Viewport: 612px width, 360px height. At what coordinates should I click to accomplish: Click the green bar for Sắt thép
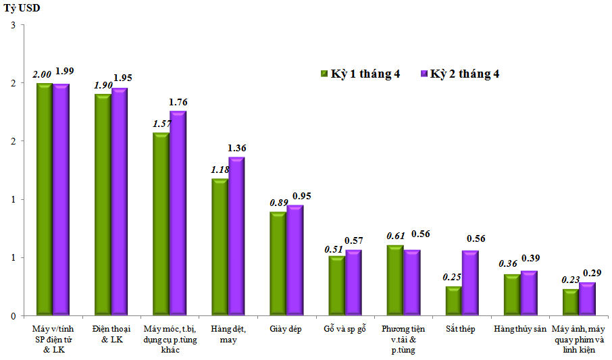(453, 301)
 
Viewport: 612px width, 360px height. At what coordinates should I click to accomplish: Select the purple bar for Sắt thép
(469, 284)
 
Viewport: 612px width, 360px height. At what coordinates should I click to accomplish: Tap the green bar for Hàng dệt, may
(220, 247)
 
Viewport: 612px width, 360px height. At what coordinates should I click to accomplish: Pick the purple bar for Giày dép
(295, 260)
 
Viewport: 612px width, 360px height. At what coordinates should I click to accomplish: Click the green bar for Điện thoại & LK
(103, 205)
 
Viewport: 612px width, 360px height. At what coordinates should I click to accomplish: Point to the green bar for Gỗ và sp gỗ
(336, 286)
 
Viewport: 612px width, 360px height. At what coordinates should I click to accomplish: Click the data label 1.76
(179, 102)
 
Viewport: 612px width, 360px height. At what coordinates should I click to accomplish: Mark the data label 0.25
(452, 276)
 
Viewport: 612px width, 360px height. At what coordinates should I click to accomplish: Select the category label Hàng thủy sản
(519, 329)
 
